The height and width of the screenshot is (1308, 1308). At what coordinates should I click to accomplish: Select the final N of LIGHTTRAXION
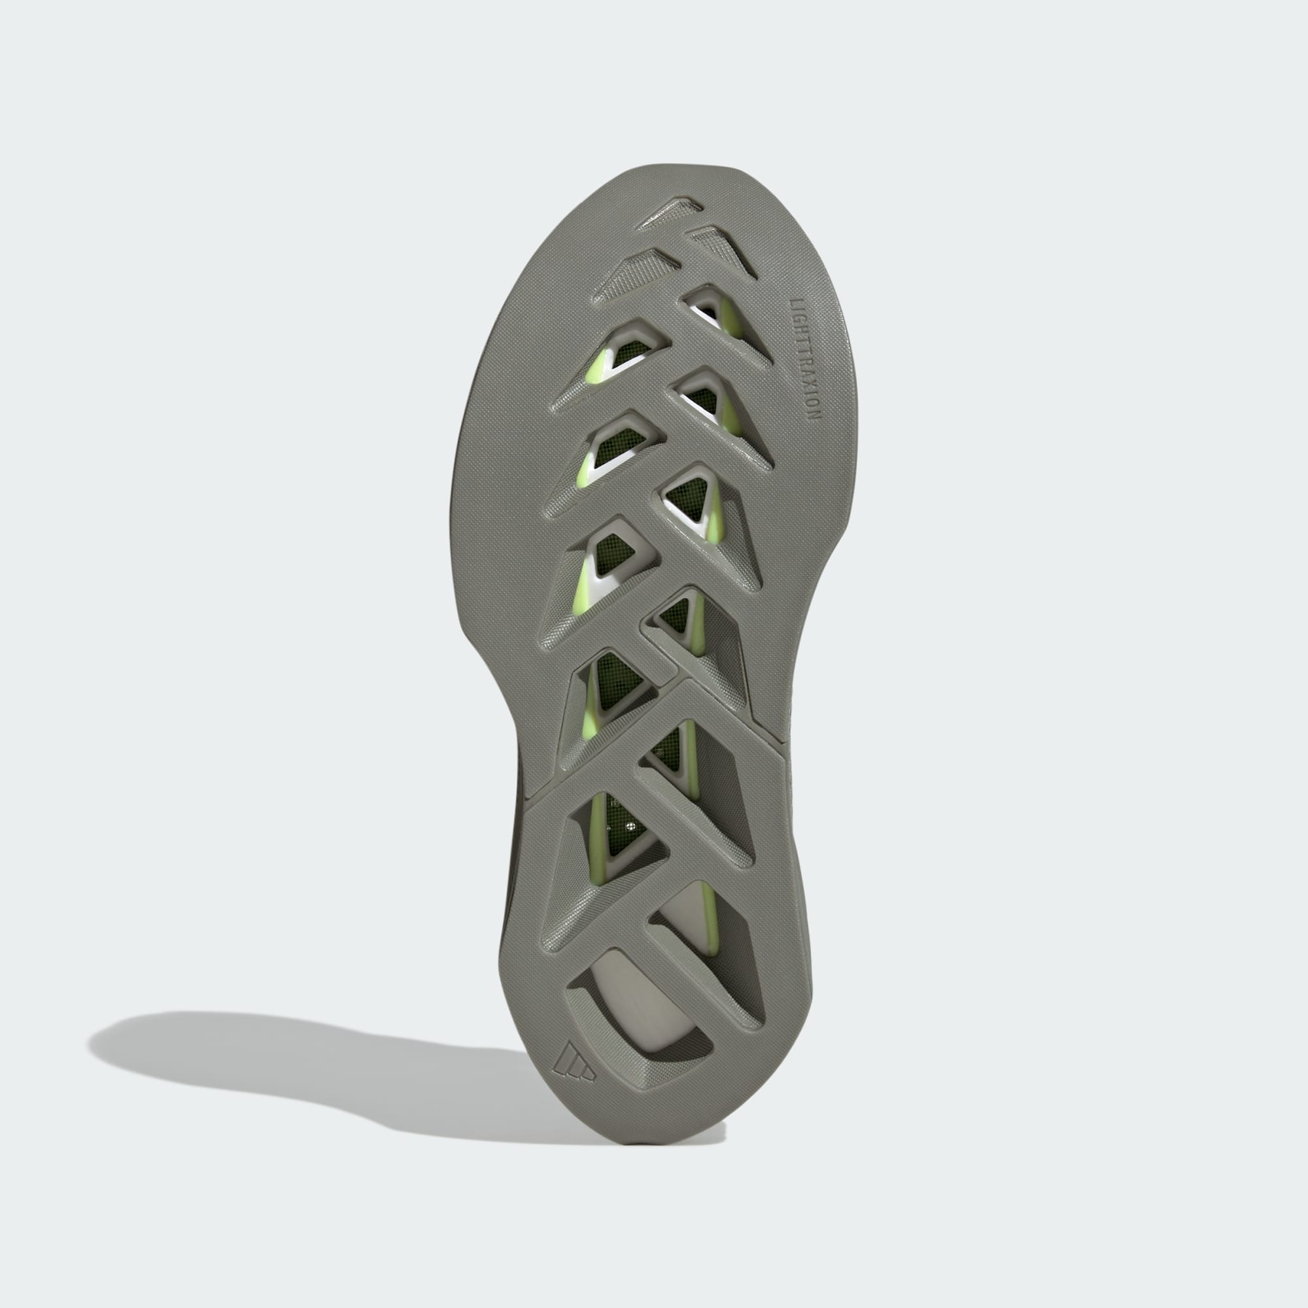click(x=811, y=416)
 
